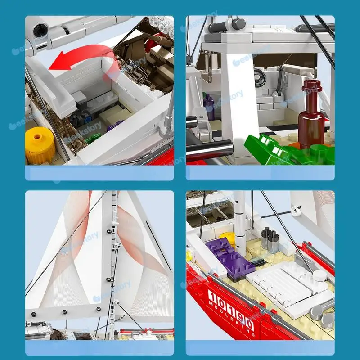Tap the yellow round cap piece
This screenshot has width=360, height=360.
coord(40,144)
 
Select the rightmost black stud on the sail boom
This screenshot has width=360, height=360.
coord(99,309)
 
